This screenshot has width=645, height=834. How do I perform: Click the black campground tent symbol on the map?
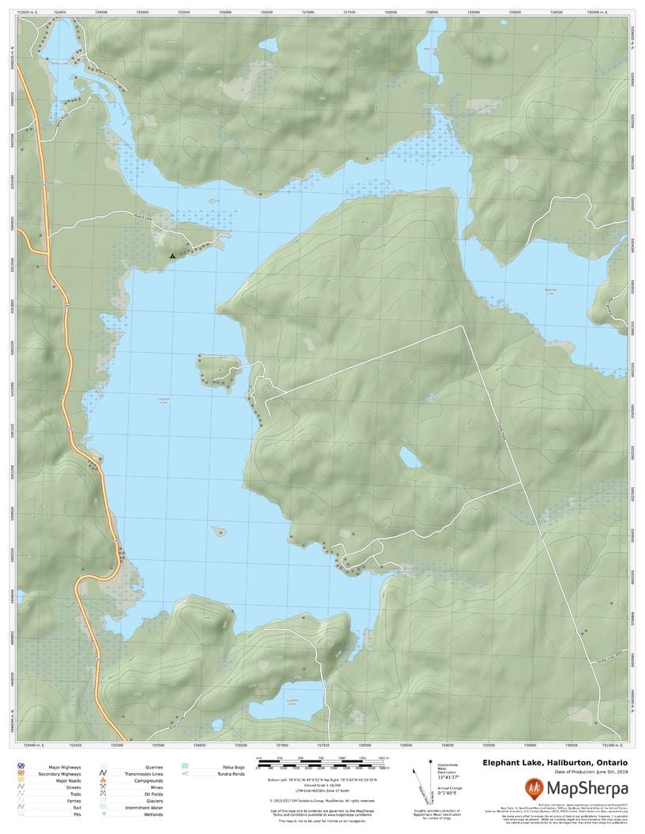pos(172,256)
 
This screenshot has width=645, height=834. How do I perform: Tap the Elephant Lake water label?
pos(164,400)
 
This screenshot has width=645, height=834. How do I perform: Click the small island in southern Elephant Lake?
pos(219,532)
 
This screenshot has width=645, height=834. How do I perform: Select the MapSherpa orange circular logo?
pos(534,787)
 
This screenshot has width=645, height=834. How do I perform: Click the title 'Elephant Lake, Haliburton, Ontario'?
pos(556,762)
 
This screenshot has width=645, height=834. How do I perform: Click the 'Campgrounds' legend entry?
pos(149,781)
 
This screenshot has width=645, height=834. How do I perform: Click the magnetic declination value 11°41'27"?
pos(447,777)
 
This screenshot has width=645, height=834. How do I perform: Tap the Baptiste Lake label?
pos(551,291)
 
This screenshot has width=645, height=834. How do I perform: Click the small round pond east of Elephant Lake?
pos(410,457)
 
